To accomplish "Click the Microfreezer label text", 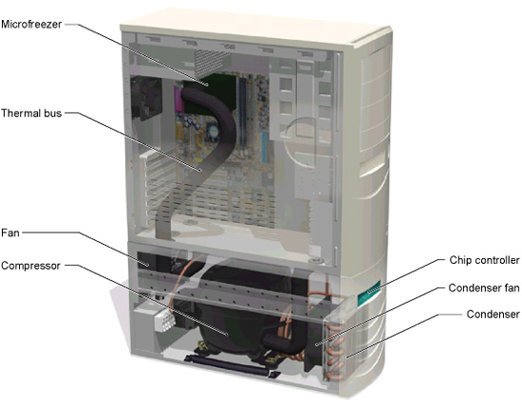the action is [x=31, y=25].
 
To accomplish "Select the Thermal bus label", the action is [x=31, y=113].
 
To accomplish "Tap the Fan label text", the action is [x=10, y=232].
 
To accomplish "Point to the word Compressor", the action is [x=30, y=266].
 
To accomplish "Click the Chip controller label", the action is [x=484, y=260].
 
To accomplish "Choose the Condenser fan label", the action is [x=484, y=287].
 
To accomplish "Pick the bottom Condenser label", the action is [x=493, y=314].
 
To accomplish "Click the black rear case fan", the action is [x=146, y=98].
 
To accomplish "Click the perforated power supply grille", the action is [x=212, y=63].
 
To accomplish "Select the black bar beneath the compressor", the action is [x=232, y=366].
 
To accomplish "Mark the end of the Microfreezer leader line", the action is [x=208, y=85].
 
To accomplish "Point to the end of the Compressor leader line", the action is [x=227, y=334].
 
